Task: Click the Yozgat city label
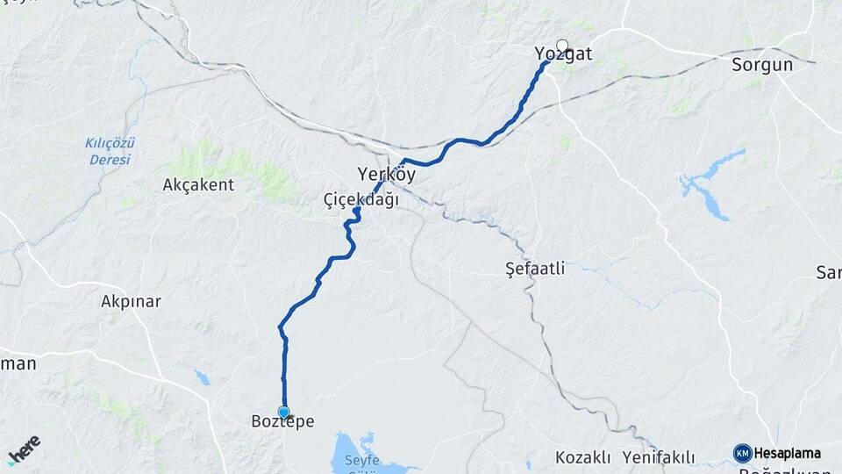563,55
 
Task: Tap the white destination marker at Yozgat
562,45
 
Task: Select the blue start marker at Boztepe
283,411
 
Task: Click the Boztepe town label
282,422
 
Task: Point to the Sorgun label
762,65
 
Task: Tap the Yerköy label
387,173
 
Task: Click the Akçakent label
198,185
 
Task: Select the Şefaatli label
535,269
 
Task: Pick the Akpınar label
131,301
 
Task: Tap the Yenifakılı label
659,457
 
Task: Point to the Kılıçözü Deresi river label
110,151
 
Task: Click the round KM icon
742,453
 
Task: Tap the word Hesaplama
788,454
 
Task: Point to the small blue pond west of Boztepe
203,378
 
